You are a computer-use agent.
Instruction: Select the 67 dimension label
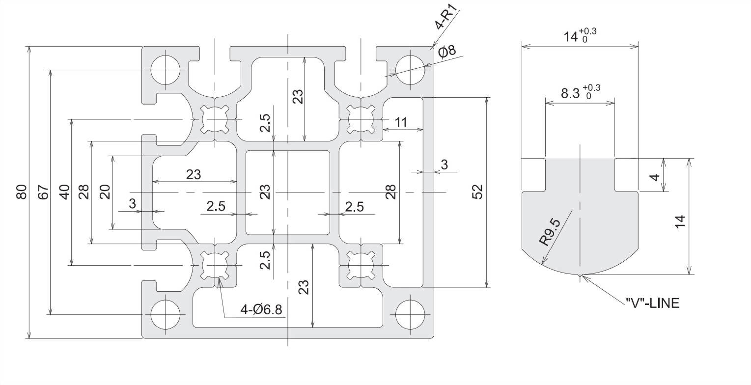pyautogui.click(x=43, y=192)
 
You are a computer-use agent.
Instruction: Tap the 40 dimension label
pyautogui.click(x=64, y=192)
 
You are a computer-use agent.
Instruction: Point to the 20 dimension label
pyautogui.click(x=105, y=192)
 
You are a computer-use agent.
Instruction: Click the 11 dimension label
pyautogui.click(x=401, y=123)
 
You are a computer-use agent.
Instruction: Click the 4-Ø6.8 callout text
pyautogui.click(x=261, y=310)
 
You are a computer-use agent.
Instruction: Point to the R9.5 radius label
pyautogui.click(x=550, y=232)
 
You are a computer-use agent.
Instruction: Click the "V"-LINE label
pyautogui.click(x=653, y=303)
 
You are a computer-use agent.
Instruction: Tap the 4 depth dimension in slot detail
pyautogui.click(x=654, y=175)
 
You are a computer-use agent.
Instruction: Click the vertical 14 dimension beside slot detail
pyautogui.click(x=680, y=221)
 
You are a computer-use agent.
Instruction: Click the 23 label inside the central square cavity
pyautogui.click(x=265, y=192)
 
